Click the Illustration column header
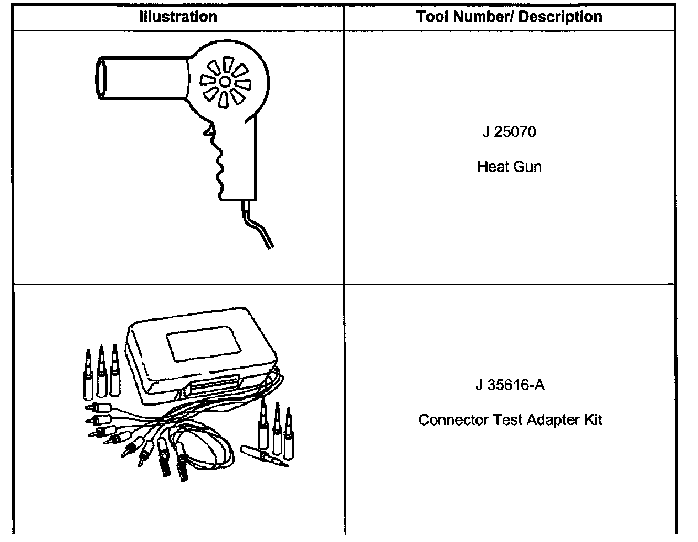pyautogui.click(x=178, y=17)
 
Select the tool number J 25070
pyautogui.click(x=509, y=132)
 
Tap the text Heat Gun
pyautogui.click(x=509, y=167)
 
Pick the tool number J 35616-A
pyautogui.click(x=510, y=385)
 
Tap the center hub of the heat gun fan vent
pyautogui.click(x=225, y=82)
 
